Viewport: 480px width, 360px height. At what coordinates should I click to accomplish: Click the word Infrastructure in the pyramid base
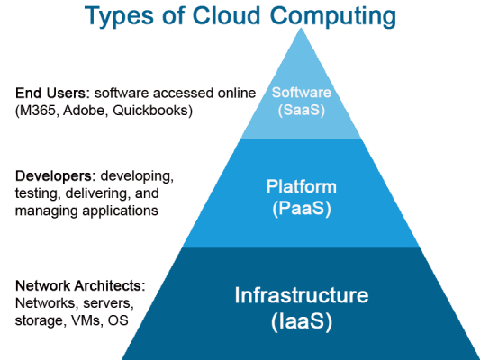point(302,294)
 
